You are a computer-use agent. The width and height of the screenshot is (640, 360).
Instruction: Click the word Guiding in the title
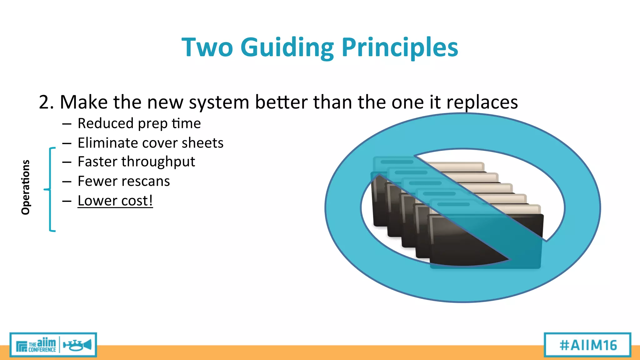coord(287,47)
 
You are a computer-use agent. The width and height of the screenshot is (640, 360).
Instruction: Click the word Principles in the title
coord(400,47)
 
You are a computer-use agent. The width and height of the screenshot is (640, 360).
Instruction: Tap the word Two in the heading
coord(207,47)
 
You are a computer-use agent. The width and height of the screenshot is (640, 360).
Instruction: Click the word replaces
coord(482,102)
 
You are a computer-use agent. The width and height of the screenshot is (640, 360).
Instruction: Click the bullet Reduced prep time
coord(139,123)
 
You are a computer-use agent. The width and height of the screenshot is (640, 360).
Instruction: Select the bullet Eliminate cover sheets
coord(150,143)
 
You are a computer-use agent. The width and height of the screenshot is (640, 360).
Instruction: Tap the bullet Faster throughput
coord(136,162)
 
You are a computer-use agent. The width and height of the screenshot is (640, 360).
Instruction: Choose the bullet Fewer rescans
coord(124,181)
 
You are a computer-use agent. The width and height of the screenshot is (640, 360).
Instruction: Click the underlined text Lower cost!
coord(115,201)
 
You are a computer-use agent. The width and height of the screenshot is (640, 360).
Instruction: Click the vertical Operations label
coord(26,187)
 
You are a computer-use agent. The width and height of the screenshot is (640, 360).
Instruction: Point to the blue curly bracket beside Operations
coord(50,189)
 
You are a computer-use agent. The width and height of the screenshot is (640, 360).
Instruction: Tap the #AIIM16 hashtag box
coord(587,345)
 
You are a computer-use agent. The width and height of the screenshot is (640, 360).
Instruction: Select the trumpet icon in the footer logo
coord(77,345)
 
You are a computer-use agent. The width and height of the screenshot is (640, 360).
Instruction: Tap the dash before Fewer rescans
coord(67,182)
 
